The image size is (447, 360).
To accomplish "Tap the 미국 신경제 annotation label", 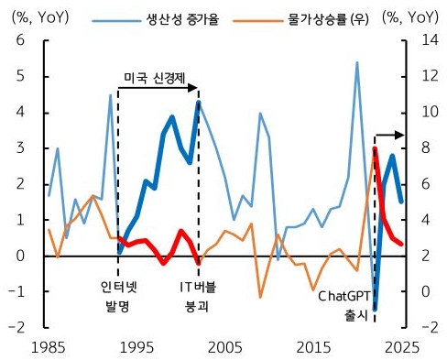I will point(152,75).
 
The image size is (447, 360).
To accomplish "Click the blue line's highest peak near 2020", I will point(357,62).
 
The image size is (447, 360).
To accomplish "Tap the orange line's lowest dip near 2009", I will point(260,297).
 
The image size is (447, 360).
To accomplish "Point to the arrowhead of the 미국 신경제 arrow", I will point(194,88).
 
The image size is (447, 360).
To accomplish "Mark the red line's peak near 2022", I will point(376,147).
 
